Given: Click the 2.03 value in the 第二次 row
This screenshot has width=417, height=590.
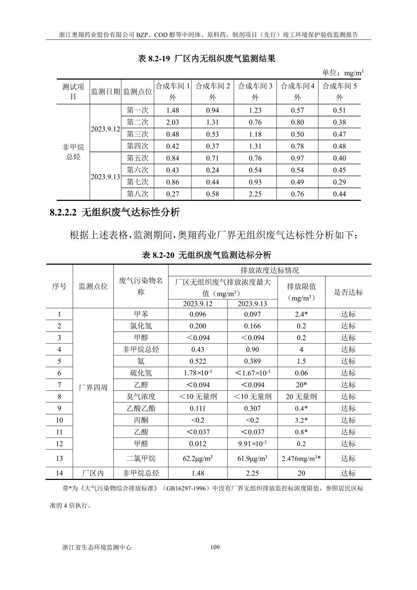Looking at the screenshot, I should coord(172,122).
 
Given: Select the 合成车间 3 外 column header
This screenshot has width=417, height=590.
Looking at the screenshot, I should coord(255,91).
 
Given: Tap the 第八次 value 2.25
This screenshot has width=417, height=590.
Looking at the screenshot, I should coord(255,194).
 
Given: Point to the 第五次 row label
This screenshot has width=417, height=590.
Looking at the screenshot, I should coord(137,158).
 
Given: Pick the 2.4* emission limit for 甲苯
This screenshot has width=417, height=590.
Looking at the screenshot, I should coord(301,314).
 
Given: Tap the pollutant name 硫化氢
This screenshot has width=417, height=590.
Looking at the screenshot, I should coord(141,373).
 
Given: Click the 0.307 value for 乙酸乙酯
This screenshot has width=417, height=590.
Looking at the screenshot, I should coord(252,408).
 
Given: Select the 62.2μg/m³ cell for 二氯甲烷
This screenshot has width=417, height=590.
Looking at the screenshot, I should coord(198,458).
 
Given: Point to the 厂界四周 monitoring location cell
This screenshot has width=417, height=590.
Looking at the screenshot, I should coord(93,388).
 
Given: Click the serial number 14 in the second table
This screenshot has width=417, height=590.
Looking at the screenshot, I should coord(59,473).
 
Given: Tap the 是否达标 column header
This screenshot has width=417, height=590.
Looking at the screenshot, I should coord(348,292).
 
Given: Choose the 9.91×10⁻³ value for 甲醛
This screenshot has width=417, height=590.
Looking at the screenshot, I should coord(252,443).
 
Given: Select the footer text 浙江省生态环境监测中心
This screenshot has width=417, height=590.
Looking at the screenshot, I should coord(96,547).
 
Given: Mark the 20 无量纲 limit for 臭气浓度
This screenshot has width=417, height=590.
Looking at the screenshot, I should coord(301,396).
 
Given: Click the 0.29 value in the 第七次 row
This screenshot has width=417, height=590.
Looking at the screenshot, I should coord(339,182).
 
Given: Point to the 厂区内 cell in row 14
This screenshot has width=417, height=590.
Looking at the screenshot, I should coord(93,473).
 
